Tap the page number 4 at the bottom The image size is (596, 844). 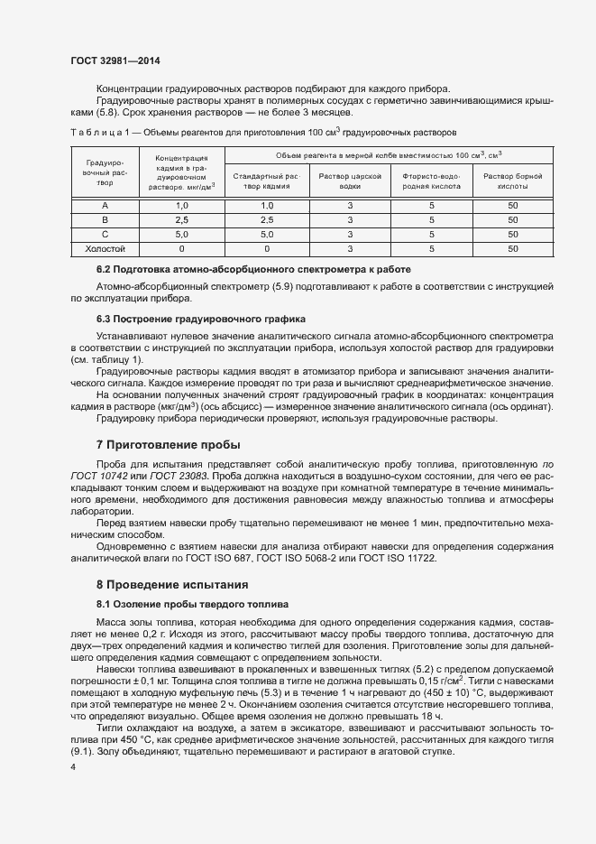[x=73, y=765]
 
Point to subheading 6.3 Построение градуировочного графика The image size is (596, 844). [x=201, y=320]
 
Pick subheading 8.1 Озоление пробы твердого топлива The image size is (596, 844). [x=192, y=605]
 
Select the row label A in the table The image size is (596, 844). [x=105, y=207]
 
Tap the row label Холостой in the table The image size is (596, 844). [x=105, y=247]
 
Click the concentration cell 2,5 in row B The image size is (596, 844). [x=181, y=220]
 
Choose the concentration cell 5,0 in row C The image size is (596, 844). [x=181, y=234]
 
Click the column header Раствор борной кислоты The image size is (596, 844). [x=513, y=181]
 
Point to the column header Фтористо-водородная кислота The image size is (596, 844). [x=432, y=181]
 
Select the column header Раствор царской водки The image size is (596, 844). [x=350, y=181]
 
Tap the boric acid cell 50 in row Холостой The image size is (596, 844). [x=513, y=247]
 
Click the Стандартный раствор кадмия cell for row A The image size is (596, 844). [x=267, y=207]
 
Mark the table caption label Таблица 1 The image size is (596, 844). [x=101, y=132]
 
